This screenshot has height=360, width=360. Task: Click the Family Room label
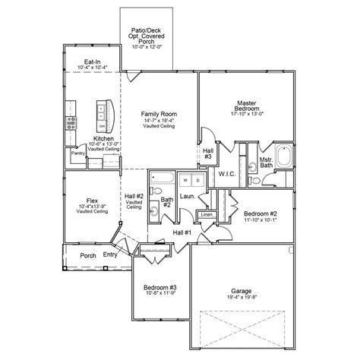[x=153, y=113]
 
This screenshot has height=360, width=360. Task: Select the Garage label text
[x=241, y=290]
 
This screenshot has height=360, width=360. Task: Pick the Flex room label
[x=90, y=201]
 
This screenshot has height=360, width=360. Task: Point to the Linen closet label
[x=207, y=215]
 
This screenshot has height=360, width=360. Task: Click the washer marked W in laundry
[x=185, y=180]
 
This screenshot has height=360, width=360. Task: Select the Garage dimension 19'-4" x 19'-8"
[x=241, y=297]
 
